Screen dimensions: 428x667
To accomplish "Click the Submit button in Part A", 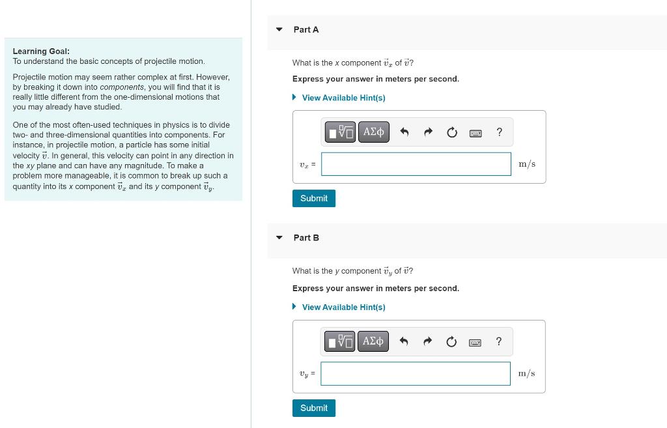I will (313, 198).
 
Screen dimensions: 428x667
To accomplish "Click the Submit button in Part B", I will (313, 408).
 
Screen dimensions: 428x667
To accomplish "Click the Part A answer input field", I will (416, 164).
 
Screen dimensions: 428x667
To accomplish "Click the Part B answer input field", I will (416, 374).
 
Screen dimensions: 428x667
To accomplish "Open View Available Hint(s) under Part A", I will (343, 98).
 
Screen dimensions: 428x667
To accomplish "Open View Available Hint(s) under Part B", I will (343, 307).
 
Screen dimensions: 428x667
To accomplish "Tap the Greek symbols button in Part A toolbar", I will (373, 132).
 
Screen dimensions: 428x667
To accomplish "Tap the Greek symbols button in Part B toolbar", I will (373, 341).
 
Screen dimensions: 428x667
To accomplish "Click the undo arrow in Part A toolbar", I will (404, 132).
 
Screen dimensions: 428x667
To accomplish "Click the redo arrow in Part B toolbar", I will (428, 341).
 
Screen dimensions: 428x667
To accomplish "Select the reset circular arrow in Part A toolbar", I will (451, 132).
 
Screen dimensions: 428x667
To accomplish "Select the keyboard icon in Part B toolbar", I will (475, 342).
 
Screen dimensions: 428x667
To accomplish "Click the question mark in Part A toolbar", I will (499, 132).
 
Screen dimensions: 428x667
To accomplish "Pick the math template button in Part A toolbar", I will (341, 132).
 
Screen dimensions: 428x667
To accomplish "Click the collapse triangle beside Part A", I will (279, 29).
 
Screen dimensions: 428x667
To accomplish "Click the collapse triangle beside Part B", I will (279, 238).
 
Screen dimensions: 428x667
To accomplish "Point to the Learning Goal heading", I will (41, 51).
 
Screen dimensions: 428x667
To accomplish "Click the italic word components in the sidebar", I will (121, 87).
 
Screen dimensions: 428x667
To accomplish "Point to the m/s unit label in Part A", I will (526, 164).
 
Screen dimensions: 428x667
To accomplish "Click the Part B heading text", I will (306, 238).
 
